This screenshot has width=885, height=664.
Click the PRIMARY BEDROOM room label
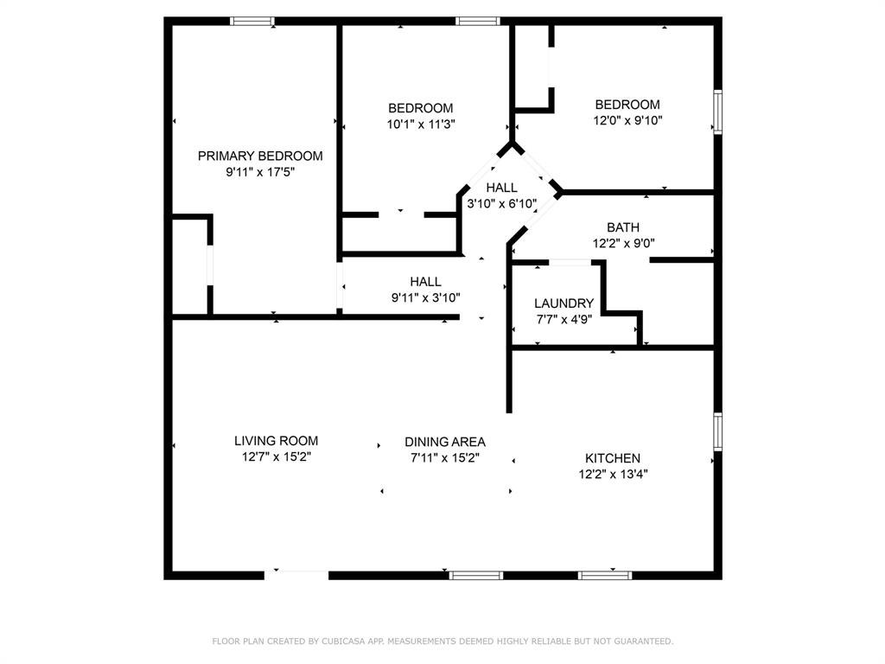tap(260, 156)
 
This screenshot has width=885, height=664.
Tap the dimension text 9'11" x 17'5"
tap(260, 172)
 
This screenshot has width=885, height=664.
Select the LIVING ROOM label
tap(276, 441)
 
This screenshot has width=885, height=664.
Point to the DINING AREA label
tap(445, 442)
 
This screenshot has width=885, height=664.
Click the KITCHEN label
tap(613, 458)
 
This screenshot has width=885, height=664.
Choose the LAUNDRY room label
tap(563, 303)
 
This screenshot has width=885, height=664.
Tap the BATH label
tap(623, 227)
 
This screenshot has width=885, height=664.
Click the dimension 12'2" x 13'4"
tap(613, 474)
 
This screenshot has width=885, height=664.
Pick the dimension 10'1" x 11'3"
tap(420, 124)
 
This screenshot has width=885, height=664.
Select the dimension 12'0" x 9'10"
tap(627, 120)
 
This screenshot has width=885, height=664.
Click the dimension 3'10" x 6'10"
tap(502, 204)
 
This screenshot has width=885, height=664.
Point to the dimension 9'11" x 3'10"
tap(425, 297)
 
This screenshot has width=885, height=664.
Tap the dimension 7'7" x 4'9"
tap(563, 319)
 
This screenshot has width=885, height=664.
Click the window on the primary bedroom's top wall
tap(252, 21)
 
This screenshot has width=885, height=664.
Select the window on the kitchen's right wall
tap(717, 431)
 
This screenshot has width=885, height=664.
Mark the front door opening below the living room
tap(296, 574)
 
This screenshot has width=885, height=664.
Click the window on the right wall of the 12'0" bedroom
tap(717, 112)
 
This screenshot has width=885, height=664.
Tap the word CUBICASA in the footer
tap(353, 642)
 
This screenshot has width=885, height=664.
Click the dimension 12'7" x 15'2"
tap(276, 456)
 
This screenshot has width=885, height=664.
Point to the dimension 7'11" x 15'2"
tap(445, 457)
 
